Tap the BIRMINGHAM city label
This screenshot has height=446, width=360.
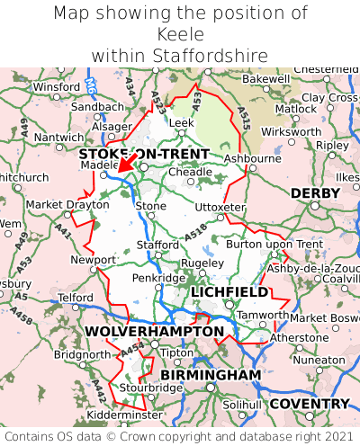[x=211, y=374]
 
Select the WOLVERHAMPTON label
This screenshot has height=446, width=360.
[x=155, y=332]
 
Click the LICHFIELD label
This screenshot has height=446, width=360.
[x=229, y=292]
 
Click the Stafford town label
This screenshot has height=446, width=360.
[x=157, y=244]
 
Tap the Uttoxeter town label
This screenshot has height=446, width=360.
[x=220, y=207]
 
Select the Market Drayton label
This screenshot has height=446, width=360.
[x=67, y=204]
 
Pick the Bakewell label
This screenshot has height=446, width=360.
[x=241, y=79]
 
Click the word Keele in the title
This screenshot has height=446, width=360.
[x=180, y=34]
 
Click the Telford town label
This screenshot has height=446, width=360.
[x=75, y=297]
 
